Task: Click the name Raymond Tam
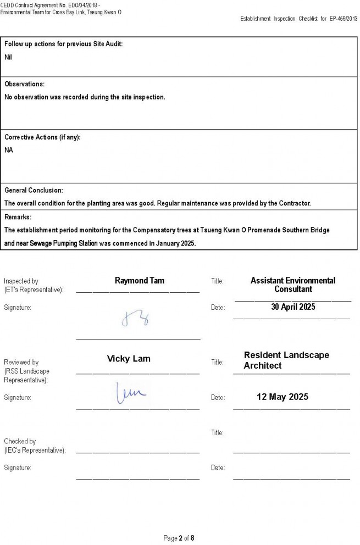pyautogui.click(x=139, y=281)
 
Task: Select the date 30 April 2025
pyautogui.click(x=293, y=307)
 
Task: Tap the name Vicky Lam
pyautogui.click(x=129, y=359)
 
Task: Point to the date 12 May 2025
pyautogui.click(x=283, y=397)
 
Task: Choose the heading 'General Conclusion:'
pyautogui.click(x=34, y=190)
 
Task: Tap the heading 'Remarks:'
pyautogui.click(x=18, y=217)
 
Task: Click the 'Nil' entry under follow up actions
pyautogui.click(x=8, y=57)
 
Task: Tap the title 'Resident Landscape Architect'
pyautogui.click(x=286, y=360)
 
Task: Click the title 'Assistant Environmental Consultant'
pyautogui.click(x=292, y=285)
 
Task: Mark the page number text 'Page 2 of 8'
pyautogui.click(x=179, y=538)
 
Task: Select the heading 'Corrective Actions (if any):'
pyautogui.click(x=42, y=137)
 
